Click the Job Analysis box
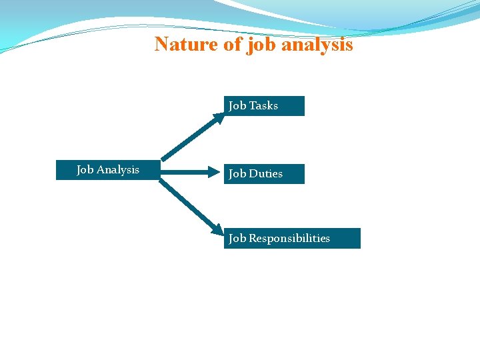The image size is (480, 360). [x=107, y=170]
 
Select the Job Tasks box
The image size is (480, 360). [x=264, y=106]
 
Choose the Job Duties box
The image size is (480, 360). [x=264, y=174]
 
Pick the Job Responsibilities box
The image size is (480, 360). [x=292, y=239]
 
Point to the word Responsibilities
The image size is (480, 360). [x=289, y=239]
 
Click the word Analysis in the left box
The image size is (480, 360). [x=118, y=170]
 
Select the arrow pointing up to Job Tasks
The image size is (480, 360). [x=190, y=139]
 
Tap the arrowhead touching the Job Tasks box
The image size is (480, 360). [x=219, y=119]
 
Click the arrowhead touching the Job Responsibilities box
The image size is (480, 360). [x=217, y=229]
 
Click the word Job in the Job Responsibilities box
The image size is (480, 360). [x=237, y=239]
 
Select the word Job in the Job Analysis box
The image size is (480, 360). [x=85, y=170]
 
